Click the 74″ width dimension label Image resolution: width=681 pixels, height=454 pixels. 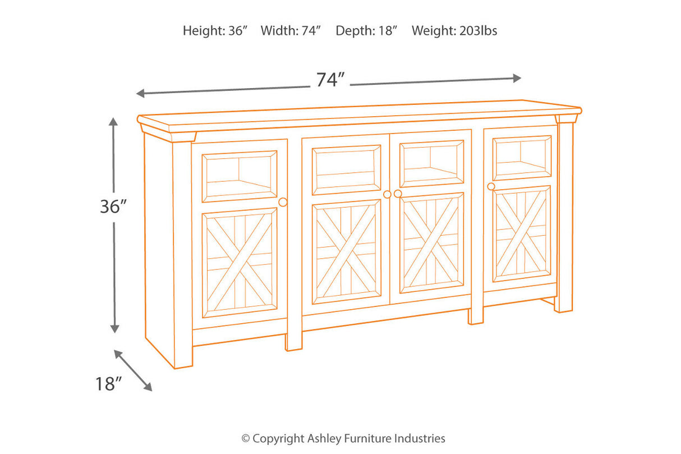(x=329, y=80)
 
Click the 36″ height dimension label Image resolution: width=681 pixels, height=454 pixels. (x=111, y=207)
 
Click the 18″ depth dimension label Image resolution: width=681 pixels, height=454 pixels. (x=108, y=384)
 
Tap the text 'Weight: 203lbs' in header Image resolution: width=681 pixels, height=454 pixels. (x=454, y=31)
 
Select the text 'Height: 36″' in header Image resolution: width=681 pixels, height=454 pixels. (x=215, y=31)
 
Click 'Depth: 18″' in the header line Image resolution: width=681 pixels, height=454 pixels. (x=366, y=31)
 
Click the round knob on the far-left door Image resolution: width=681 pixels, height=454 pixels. (x=283, y=202)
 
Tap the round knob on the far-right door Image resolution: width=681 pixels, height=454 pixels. (x=491, y=186)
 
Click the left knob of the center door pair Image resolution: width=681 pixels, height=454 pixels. (x=386, y=194)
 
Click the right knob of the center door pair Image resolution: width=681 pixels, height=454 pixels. (x=398, y=194)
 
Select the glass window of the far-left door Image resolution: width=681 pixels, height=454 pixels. (x=240, y=176)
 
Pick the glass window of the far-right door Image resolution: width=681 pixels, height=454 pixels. (x=522, y=158)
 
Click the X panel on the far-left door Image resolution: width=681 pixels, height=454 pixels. (x=240, y=263)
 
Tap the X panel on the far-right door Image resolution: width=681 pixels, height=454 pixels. (x=522, y=233)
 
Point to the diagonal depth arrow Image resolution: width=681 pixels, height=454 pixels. (x=133, y=370)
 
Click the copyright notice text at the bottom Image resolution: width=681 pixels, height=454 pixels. (x=343, y=438)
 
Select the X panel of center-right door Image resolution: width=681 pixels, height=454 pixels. (x=431, y=242)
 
